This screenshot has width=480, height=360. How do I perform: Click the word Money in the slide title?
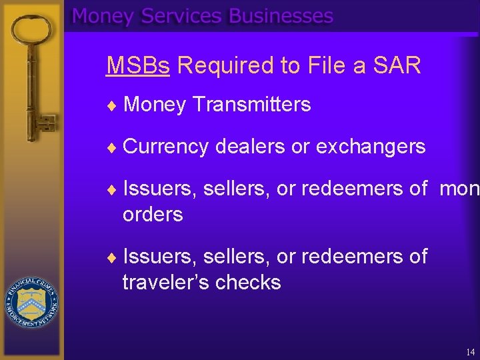[x=103, y=16]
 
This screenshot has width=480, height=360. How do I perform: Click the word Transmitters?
[x=251, y=105]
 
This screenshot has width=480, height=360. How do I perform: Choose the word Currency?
[x=166, y=147]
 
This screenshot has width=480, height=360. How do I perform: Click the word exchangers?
[x=371, y=147]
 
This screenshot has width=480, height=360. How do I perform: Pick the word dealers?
[x=251, y=147]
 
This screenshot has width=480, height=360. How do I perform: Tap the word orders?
[x=153, y=215]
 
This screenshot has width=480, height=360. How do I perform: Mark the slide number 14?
[x=471, y=351]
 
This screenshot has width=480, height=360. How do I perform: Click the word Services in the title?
[x=182, y=16]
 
